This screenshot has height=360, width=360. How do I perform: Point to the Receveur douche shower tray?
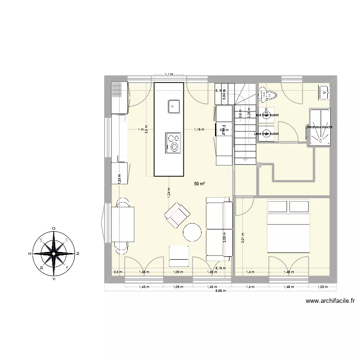tap(319, 127)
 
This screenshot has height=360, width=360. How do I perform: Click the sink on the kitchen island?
tap(173, 106)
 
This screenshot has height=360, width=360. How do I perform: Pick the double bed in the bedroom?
tap(288, 226)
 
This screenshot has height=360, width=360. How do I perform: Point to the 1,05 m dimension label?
tap(322, 287)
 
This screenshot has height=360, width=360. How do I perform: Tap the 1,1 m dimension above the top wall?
tap(168, 74)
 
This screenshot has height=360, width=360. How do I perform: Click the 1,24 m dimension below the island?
tap(169, 192)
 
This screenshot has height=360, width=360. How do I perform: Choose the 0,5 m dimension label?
tap(118, 272)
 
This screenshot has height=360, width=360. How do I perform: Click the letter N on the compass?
tap(78, 253)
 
